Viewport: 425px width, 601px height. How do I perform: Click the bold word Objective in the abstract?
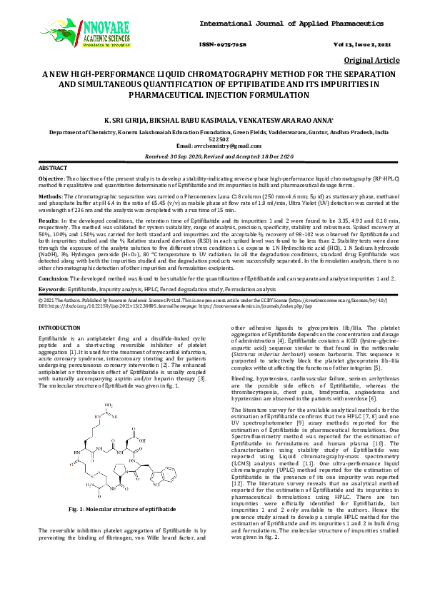51,177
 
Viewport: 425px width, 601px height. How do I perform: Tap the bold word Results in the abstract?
49,221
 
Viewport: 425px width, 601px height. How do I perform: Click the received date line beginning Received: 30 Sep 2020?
212,155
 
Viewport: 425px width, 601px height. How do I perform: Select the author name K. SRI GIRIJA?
131,122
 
